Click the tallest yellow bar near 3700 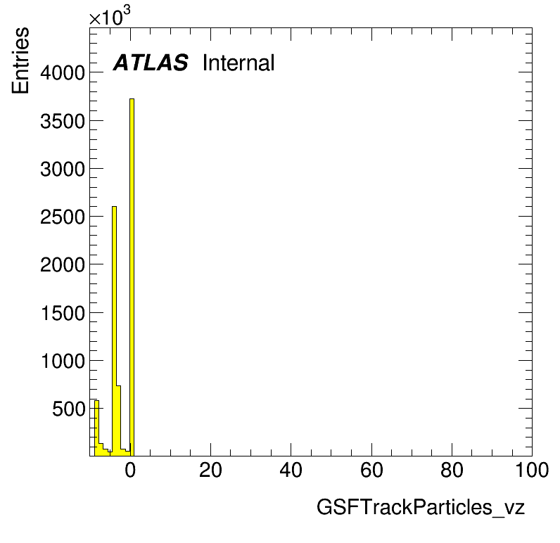[132, 277]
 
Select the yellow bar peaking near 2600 [114, 331]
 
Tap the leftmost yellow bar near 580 [96, 428]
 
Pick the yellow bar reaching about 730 [119, 421]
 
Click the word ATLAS [151, 63]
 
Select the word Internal [238, 63]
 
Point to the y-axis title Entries [20, 60]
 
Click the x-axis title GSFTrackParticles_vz [421, 507]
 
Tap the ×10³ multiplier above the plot [110, 16]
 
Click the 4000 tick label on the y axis [63, 73]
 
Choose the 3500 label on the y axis [63, 121]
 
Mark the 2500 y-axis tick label [63, 217]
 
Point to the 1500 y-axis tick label [63, 313]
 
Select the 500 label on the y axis [69, 409]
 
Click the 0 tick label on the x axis [130, 470]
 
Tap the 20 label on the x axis [211, 470]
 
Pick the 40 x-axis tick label [291, 470]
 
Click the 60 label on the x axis [371, 470]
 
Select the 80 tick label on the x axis [452, 470]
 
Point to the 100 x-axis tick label [532, 470]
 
